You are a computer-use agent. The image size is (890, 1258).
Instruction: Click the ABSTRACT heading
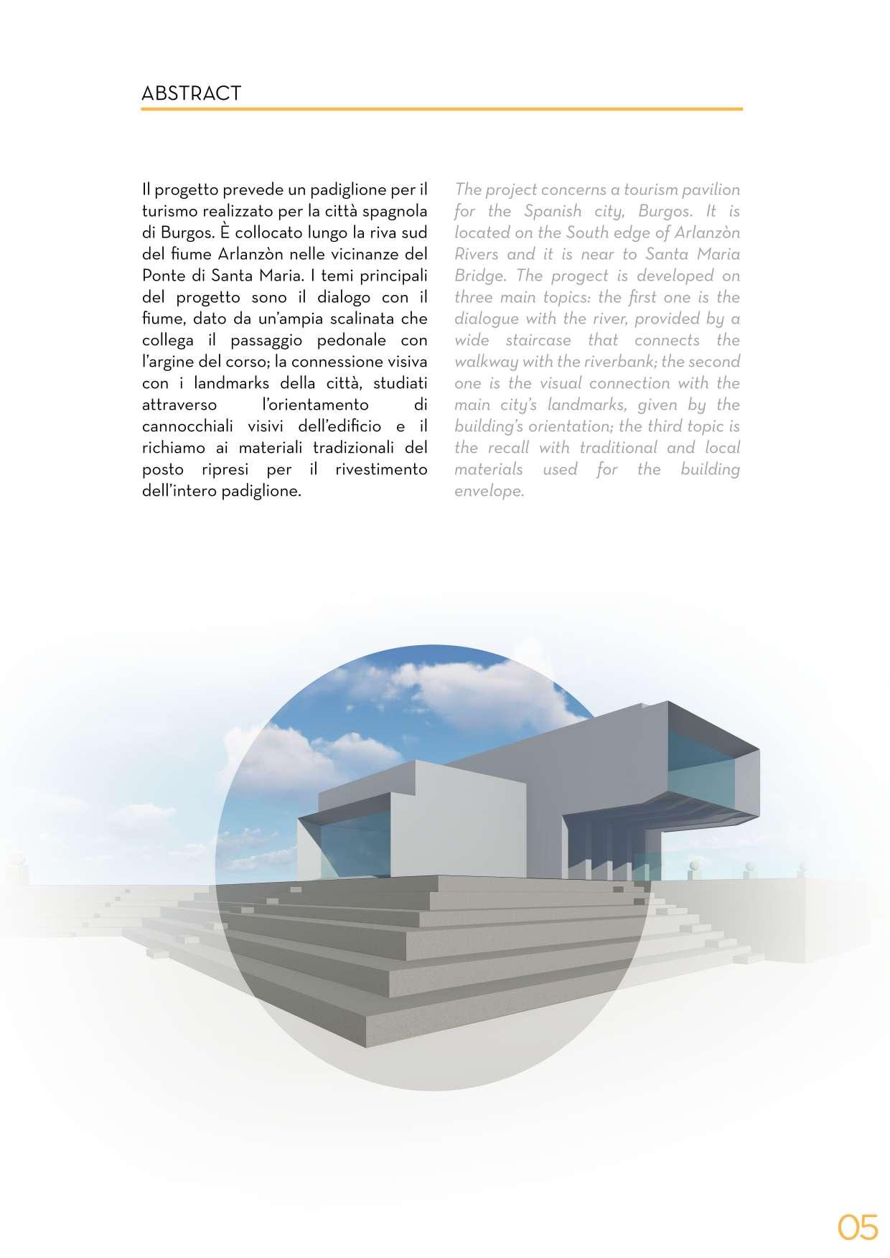coord(191,93)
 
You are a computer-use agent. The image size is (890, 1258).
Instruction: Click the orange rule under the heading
coord(441,109)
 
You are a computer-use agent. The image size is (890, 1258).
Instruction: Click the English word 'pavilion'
coord(708,189)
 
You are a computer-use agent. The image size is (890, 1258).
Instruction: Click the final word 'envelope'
coord(489,491)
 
